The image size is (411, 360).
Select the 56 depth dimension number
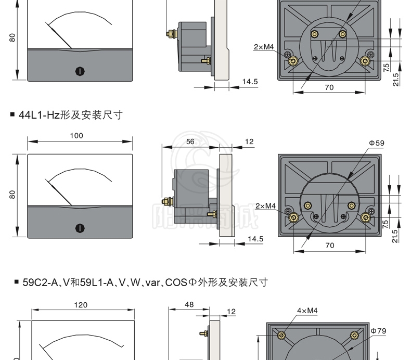[190, 141]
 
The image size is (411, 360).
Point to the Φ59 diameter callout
[377, 143]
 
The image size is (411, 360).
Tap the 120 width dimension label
[80, 305]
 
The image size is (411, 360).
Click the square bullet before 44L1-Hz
[12, 115]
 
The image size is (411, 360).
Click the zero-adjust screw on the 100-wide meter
[80, 227]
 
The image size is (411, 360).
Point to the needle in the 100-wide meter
[59, 191]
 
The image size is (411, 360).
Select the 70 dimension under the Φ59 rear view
[329, 245]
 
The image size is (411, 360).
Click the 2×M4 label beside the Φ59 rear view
[265, 206]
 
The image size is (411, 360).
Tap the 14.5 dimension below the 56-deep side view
[255, 239]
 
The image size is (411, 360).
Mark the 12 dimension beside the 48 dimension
[232, 311]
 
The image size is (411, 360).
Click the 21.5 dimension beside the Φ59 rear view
[395, 236]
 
